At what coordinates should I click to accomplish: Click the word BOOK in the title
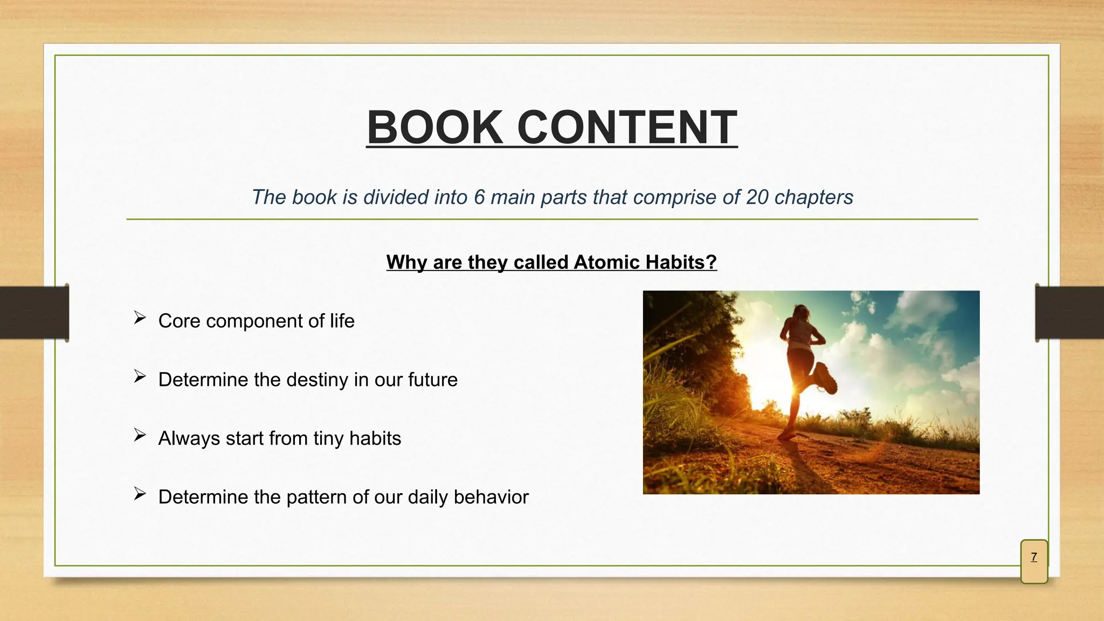[434, 127]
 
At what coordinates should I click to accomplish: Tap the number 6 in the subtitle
[479, 197]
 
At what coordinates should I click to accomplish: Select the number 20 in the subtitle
[757, 197]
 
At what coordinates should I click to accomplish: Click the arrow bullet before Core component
[140, 318]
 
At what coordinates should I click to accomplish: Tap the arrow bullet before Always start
[140, 435]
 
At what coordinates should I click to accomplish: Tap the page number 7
[1034, 557]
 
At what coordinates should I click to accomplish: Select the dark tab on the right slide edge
[1069, 313]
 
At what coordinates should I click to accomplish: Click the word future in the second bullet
[432, 380]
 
